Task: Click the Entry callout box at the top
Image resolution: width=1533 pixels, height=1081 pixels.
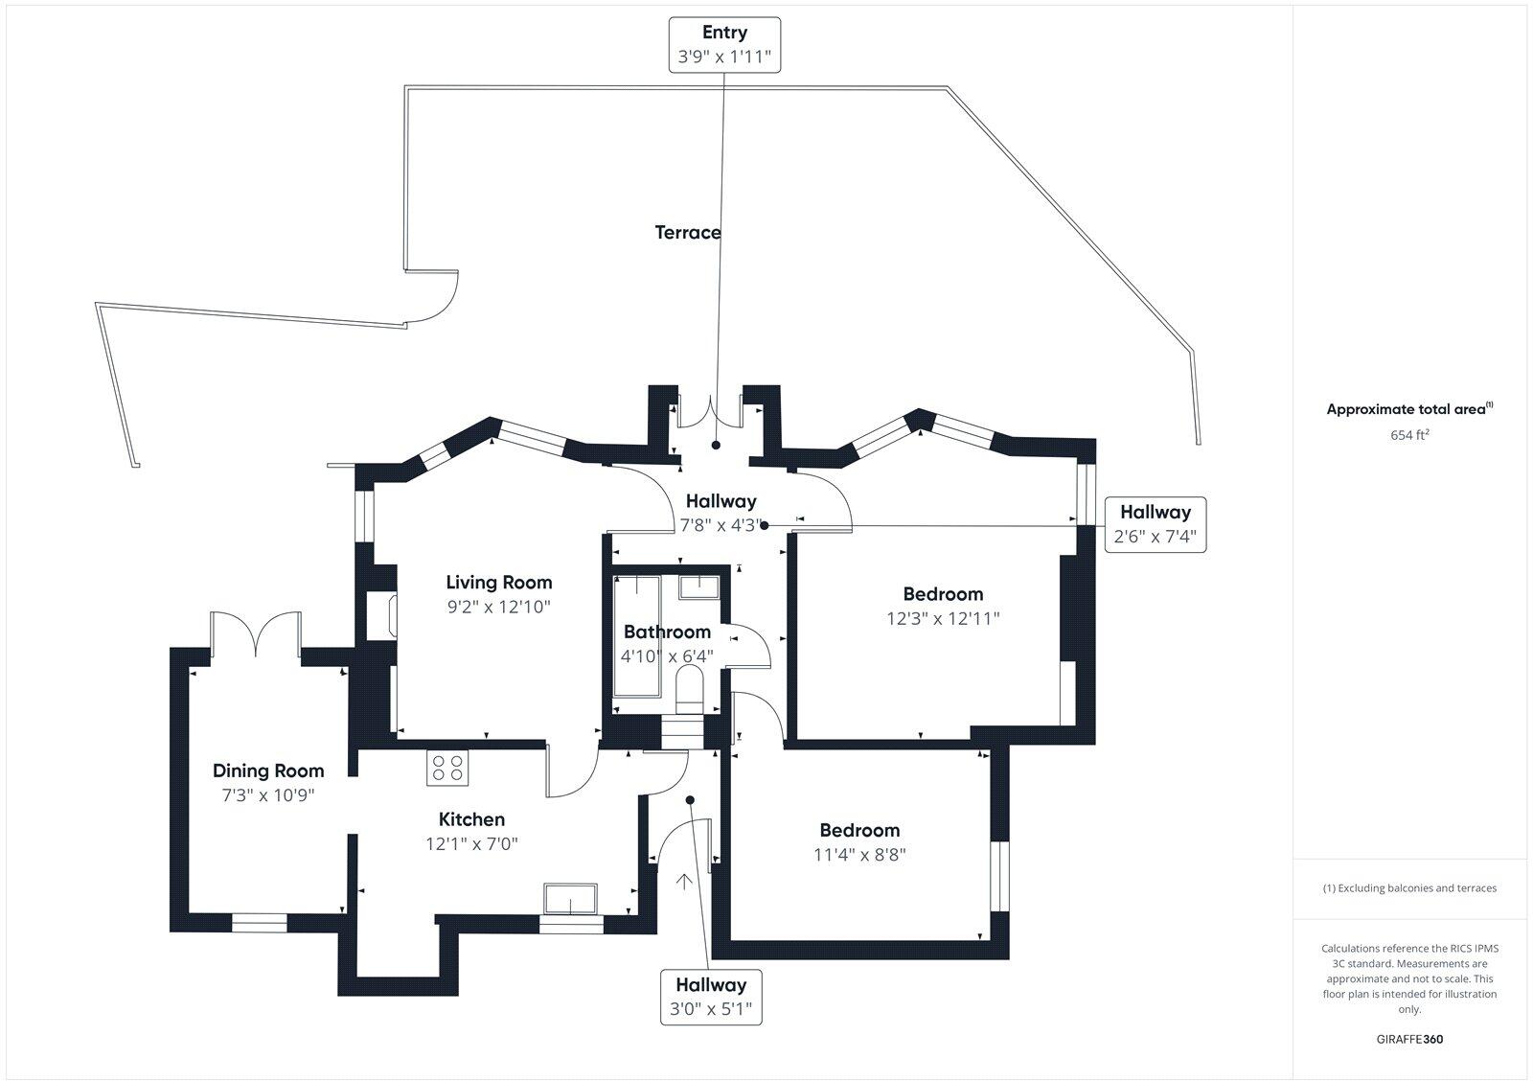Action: point(723,44)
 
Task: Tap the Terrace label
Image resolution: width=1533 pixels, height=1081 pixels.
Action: point(688,232)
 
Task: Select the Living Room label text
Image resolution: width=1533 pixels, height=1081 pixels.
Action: point(498,582)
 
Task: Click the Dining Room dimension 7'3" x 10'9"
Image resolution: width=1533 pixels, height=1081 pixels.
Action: point(267,795)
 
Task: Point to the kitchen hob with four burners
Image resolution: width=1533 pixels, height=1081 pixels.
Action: point(446,767)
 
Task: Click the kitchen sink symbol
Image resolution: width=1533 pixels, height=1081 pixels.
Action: point(570,899)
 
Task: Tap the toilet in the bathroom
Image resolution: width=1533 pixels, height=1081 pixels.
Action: point(689,689)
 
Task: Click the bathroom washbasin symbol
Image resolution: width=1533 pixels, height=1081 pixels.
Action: point(700,586)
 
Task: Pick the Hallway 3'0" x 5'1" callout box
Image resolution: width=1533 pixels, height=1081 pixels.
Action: point(711,997)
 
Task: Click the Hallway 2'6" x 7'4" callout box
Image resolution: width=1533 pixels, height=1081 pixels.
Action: point(1155,524)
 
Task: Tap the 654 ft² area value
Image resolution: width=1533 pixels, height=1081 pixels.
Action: point(1409,435)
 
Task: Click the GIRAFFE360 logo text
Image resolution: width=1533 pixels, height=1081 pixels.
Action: point(1408,1039)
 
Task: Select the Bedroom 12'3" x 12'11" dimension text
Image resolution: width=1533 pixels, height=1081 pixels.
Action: point(943,619)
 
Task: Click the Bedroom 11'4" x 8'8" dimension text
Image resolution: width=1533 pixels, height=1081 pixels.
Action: point(859,855)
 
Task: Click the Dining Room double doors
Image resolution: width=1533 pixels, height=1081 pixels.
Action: point(256,634)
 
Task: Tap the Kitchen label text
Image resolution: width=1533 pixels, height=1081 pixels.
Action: point(471,819)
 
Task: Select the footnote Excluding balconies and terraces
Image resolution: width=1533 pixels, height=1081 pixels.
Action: point(1408,888)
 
